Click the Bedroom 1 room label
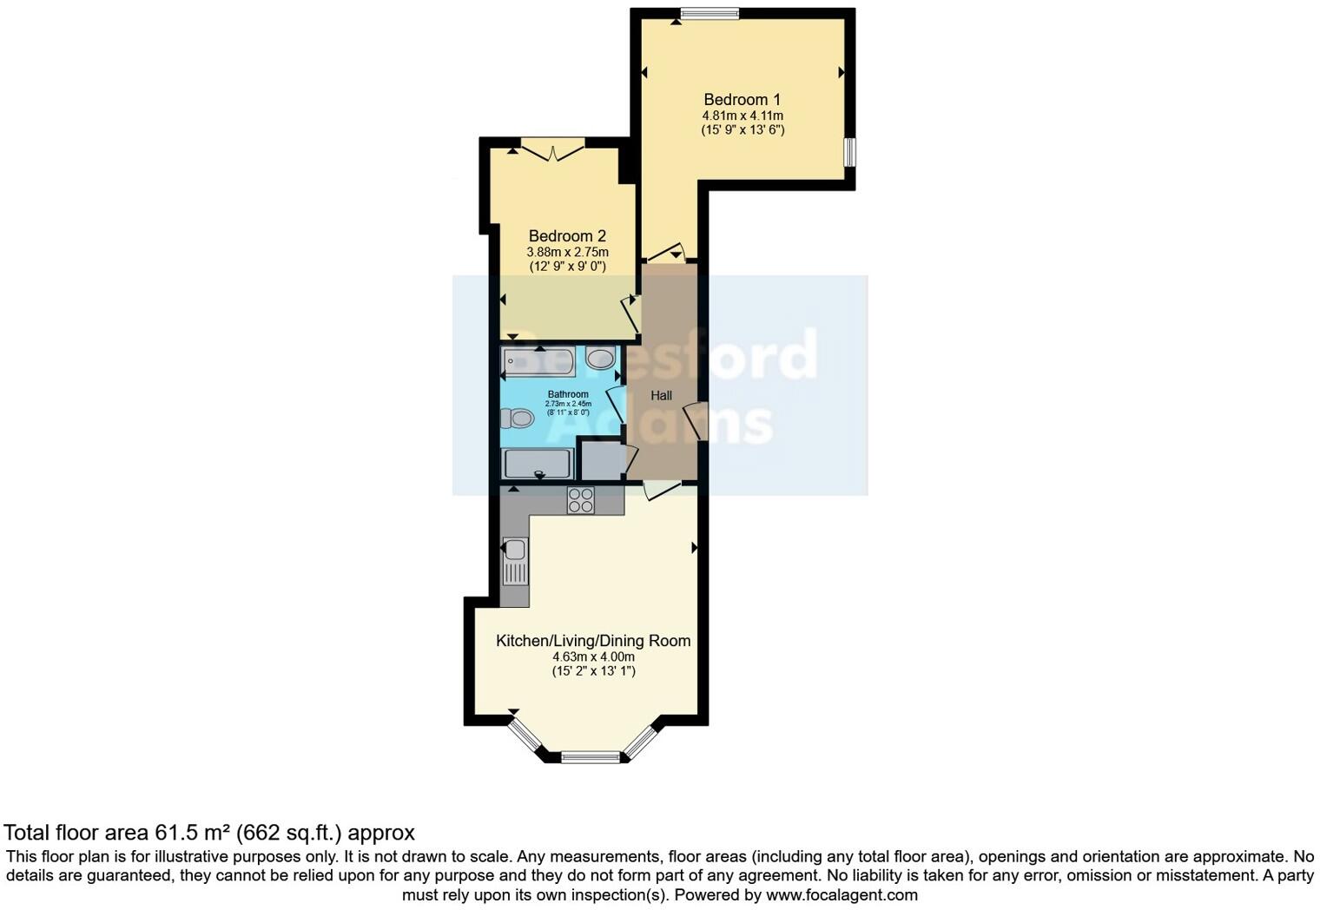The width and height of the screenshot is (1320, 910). (742, 99)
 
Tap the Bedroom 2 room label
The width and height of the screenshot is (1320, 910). (567, 236)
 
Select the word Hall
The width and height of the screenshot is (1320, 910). (661, 396)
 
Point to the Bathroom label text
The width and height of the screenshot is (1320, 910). (568, 394)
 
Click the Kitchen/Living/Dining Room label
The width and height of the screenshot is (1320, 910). (593, 641)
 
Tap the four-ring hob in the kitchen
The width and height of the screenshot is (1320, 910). (580, 500)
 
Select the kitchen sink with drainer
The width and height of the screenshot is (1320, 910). (514, 560)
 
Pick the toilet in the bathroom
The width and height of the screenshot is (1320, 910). (517, 419)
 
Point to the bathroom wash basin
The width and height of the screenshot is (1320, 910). (601, 358)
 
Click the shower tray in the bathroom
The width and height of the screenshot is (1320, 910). (538, 464)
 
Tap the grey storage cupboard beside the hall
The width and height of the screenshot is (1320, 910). (601, 461)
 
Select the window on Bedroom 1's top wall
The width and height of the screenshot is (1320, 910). (709, 13)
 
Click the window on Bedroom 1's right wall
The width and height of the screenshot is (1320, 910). (850, 152)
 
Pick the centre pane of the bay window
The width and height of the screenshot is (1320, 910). (591, 758)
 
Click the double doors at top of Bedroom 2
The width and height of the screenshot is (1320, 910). (552, 149)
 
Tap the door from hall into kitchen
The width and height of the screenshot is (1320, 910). (663, 490)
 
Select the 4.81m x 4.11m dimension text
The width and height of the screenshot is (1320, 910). (742, 115)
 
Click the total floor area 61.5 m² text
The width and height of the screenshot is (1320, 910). (209, 833)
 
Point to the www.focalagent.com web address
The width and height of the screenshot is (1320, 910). (841, 894)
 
